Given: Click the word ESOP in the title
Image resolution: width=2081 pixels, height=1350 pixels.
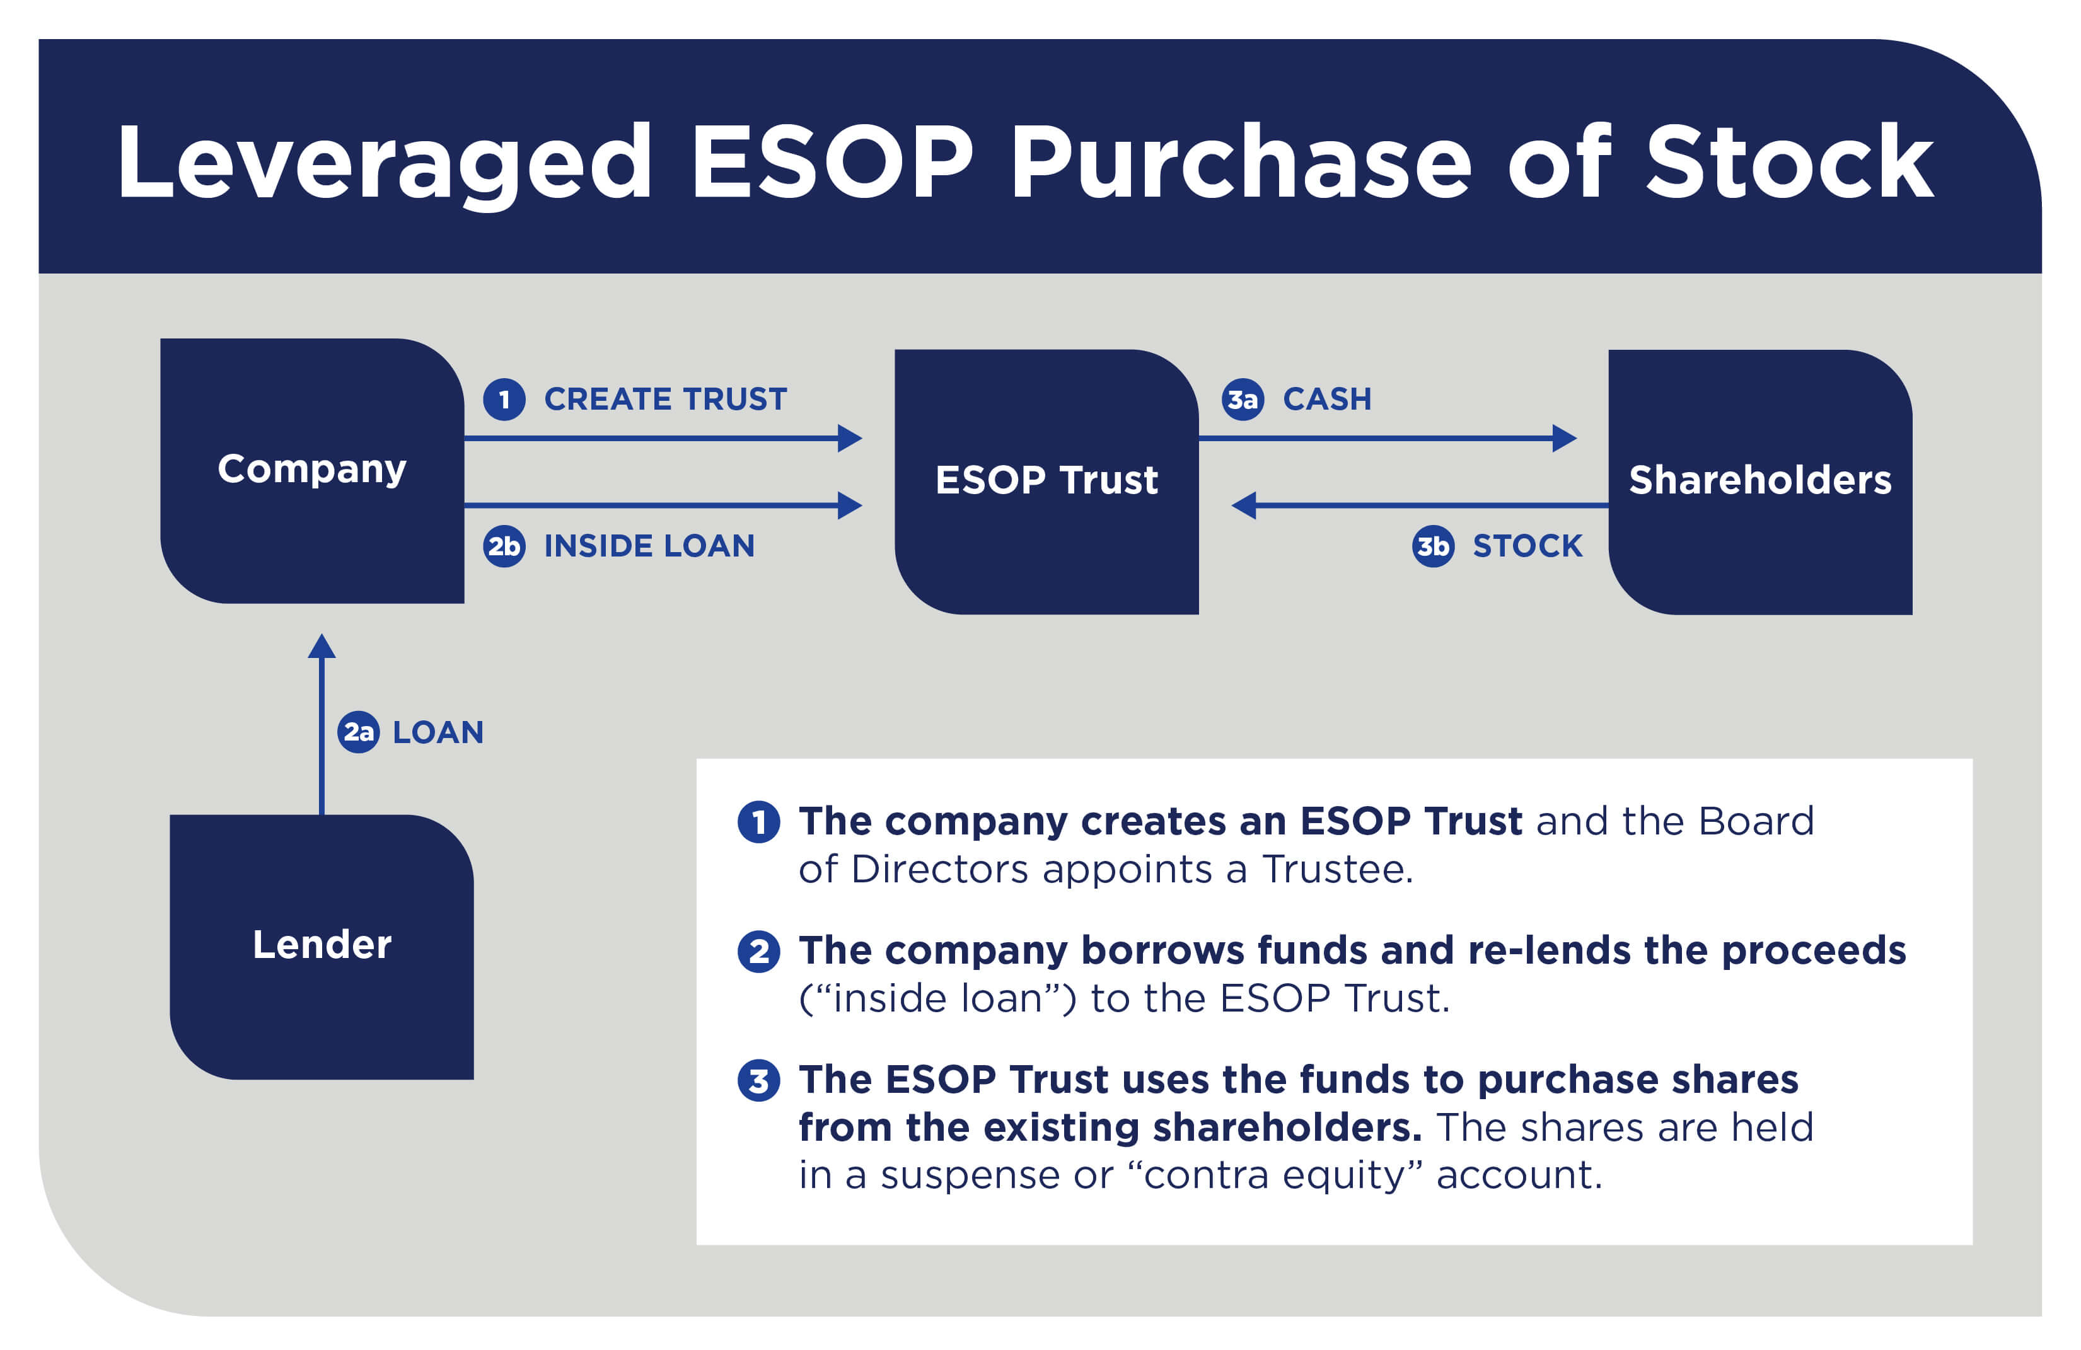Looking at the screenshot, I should tap(832, 163).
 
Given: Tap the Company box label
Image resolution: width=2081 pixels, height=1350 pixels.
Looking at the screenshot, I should tap(311, 470).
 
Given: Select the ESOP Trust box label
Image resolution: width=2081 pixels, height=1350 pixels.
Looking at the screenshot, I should tap(1046, 480).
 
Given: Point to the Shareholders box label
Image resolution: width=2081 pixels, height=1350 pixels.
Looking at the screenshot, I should tap(1759, 480).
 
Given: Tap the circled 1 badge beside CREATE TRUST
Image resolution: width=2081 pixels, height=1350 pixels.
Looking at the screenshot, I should tap(504, 400).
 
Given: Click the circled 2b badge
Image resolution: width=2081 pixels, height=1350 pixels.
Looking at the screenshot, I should tap(504, 546).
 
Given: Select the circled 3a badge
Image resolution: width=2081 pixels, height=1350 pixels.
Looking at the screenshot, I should tap(1242, 400).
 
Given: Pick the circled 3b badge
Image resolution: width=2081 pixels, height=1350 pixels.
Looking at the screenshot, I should tap(1432, 546).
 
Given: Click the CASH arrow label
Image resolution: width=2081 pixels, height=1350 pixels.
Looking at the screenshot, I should tap(1326, 400).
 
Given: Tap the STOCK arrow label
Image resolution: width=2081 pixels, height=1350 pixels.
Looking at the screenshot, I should tap(1527, 546).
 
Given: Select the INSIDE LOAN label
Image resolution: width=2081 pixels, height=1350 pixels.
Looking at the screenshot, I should tap(649, 546).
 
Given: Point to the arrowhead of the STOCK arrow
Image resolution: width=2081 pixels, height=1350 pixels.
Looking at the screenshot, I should tap(1244, 505).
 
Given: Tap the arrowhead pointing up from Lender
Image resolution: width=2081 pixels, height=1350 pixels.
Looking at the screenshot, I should tap(322, 647).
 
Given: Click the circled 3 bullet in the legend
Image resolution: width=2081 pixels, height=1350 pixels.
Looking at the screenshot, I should tap(758, 1081).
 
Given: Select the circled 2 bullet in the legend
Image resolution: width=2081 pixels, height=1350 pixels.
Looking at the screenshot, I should tap(758, 951).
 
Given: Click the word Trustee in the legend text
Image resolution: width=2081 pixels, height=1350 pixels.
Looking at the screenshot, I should tap(1336, 870).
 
